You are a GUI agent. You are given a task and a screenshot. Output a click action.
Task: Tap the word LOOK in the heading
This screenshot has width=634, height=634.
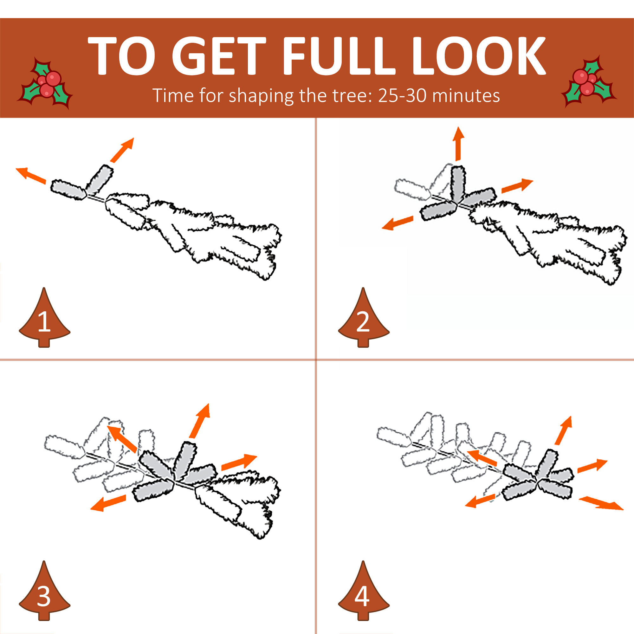coord(478,56)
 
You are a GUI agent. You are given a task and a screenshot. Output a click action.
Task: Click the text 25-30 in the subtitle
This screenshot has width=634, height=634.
coord(402,96)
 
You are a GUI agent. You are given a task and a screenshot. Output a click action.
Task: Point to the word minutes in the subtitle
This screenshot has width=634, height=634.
coord(466,96)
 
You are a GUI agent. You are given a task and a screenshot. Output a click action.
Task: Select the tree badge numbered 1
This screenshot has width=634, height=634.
coord(44,317)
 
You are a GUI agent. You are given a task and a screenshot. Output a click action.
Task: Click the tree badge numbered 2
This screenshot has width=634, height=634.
coord(364,317)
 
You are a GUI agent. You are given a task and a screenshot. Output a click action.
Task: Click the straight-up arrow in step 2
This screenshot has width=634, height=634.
coord(458,144)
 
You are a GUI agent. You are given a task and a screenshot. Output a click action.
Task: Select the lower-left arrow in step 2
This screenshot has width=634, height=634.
coord(398,223)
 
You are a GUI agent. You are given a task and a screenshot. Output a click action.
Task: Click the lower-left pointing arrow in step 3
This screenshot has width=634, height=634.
coord(108,503)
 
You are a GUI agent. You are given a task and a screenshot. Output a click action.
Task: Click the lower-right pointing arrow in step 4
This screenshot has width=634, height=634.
coord(601,503)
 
